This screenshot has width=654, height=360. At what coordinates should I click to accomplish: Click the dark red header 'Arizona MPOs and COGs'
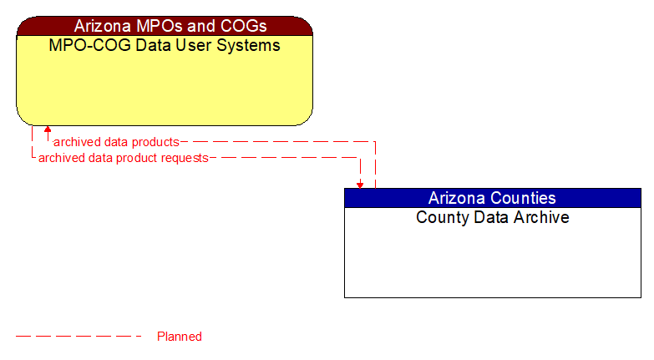tap(165, 26)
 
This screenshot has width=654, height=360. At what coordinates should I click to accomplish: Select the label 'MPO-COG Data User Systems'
tap(165, 45)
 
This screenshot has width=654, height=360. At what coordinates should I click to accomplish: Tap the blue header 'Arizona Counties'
tap(492, 198)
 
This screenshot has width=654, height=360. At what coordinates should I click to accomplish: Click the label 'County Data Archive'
tap(492, 217)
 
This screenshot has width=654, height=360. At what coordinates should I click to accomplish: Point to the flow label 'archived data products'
tap(116, 142)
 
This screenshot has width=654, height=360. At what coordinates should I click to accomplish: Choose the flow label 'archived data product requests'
tap(123, 158)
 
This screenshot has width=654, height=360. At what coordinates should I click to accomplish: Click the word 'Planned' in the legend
tap(180, 337)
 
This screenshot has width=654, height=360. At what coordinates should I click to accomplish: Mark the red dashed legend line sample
tap(79, 337)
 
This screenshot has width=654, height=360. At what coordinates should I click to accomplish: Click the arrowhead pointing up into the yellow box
tap(48, 130)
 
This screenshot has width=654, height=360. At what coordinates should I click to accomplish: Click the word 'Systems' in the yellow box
tap(248, 45)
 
